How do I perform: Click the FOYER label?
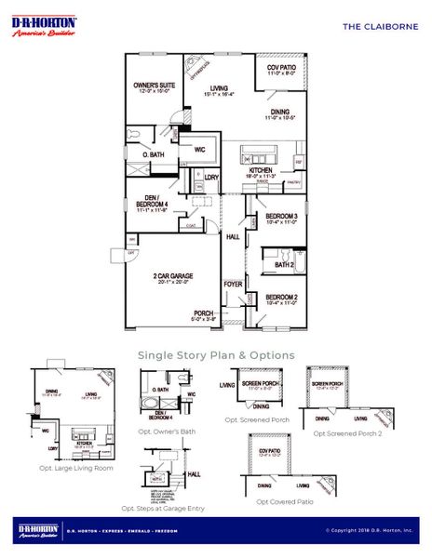click(233, 285)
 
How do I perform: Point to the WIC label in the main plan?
click(198, 149)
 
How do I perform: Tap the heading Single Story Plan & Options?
click(216, 355)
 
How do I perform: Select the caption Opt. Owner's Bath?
click(168, 432)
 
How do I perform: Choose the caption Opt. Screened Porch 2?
click(345, 432)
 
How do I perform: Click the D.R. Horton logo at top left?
click(44, 26)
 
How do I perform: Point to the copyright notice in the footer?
click(369, 531)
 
